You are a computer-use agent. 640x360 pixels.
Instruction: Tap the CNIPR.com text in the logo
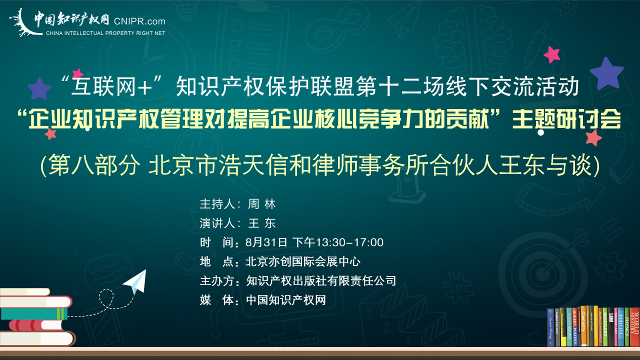[x=139, y=21]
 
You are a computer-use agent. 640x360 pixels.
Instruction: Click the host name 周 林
[x=261, y=204]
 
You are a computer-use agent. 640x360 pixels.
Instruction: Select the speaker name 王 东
[x=261, y=223]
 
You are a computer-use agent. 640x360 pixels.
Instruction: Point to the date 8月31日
[x=266, y=242]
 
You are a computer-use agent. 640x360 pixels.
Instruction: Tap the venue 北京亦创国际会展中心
[x=303, y=261]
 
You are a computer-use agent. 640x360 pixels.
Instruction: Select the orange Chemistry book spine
[x=583, y=325]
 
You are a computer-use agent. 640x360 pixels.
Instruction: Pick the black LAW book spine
[x=611, y=326]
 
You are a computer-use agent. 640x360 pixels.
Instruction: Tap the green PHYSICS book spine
[x=626, y=326]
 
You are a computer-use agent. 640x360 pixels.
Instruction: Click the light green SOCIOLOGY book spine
[x=604, y=326]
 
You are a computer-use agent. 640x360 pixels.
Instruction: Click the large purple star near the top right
[x=606, y=73]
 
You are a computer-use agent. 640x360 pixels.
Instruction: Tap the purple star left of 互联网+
[x=39, y=89]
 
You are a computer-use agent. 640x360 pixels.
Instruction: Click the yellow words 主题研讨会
[x=566, y=119]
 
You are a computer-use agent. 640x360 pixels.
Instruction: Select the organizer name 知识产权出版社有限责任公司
[x=321, y=281]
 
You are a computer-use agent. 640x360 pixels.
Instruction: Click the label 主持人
[x=217, y=204]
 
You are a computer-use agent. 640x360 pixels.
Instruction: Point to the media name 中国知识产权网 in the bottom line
[x=286, y=300]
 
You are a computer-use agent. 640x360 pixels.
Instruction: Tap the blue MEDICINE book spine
[x=621, y=327]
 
